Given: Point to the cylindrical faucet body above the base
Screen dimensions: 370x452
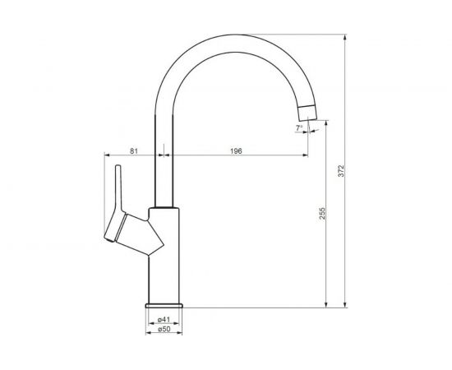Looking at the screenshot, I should (x=164, y=263).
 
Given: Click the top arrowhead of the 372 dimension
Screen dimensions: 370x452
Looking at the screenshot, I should (x=343, y=38).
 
